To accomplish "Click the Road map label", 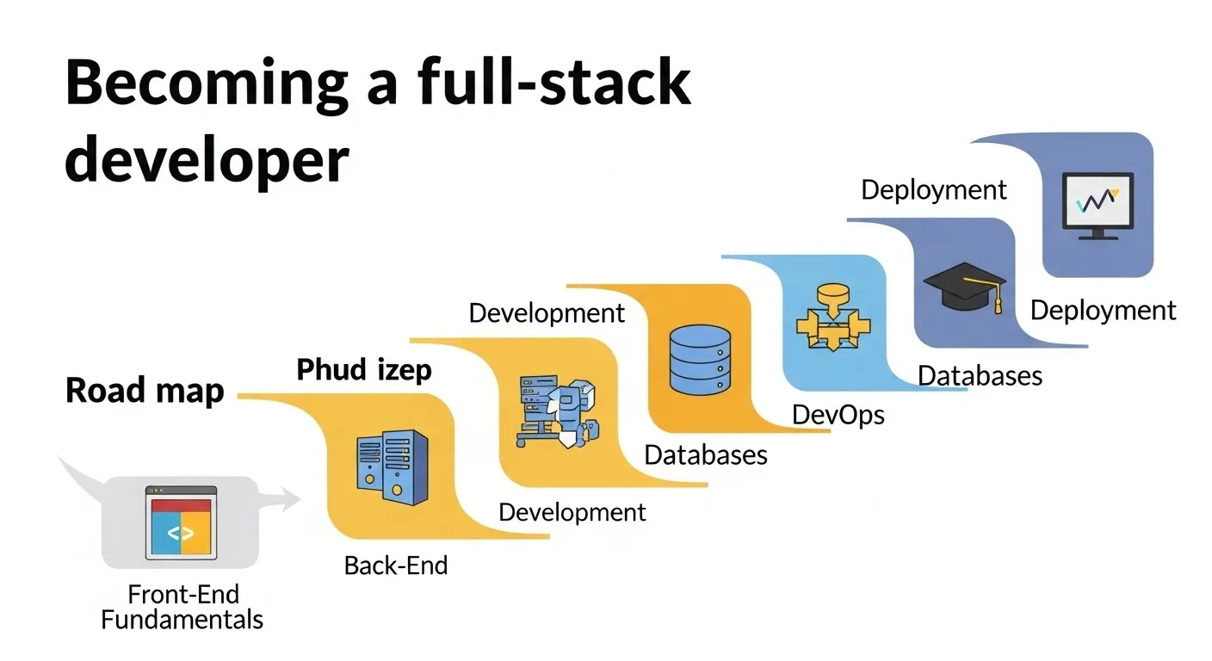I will point(145,391).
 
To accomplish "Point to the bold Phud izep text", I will point(364,370).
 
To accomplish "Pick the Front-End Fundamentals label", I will point(182,606).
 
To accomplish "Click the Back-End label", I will point(396,565).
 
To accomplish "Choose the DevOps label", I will point(838,415).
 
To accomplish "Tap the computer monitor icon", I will point(1098,205).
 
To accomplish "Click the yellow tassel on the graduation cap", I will point(998,301).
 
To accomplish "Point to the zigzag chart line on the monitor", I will point(1096,200).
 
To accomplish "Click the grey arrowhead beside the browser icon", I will point(286,497).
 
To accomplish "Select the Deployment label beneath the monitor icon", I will point(1103,310).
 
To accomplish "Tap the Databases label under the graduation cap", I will point(980,375).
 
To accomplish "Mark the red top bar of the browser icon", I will point(181,505).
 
